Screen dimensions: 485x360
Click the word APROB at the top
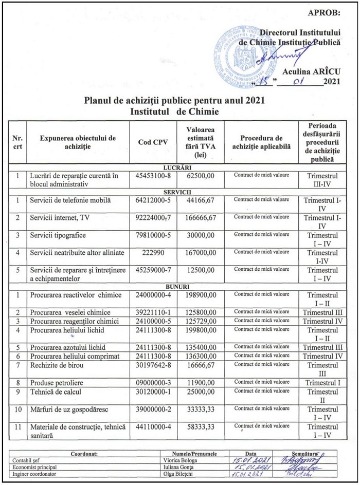(x=324, y=12)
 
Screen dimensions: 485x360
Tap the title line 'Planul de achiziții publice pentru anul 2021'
(x=174, y=100)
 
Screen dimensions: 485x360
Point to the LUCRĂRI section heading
(x=177, y=167)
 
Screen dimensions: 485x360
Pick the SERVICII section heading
(x=177, y=191)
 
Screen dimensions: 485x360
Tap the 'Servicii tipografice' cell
(x=58, y=235)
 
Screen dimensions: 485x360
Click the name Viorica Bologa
(x=173, y=460)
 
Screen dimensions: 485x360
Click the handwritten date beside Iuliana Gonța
(x=249, y=467)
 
